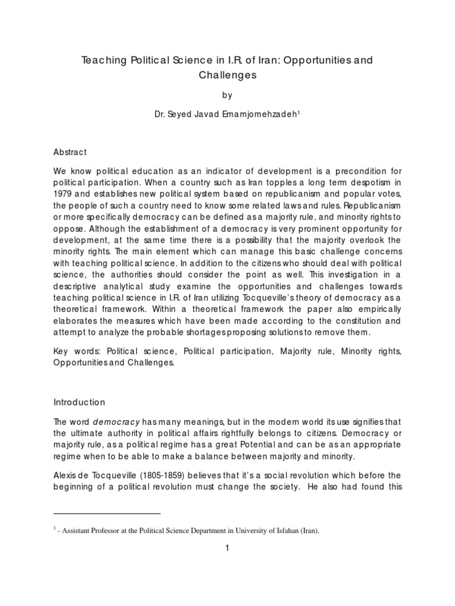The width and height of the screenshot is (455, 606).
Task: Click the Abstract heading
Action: point(70,152)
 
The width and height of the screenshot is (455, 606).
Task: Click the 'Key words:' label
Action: point(73,352)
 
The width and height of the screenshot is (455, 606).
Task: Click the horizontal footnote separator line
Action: point(107,514)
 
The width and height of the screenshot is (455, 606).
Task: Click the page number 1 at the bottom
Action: point(227,549)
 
